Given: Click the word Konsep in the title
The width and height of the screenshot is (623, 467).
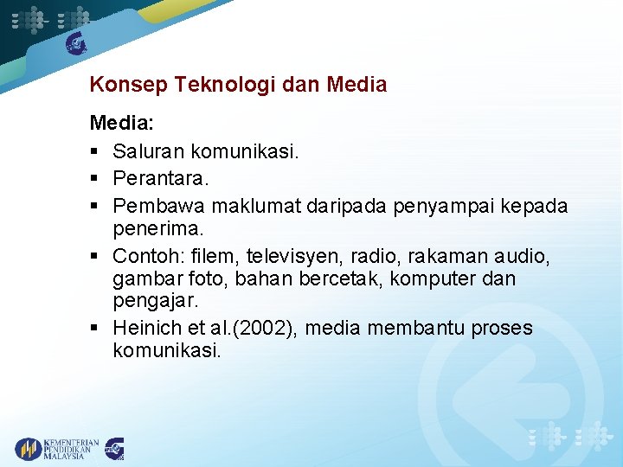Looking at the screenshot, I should [128, 85].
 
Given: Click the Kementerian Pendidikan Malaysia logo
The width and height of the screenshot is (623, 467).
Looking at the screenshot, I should [56, 449].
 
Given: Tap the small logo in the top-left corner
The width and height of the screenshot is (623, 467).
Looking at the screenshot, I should [77, 42].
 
